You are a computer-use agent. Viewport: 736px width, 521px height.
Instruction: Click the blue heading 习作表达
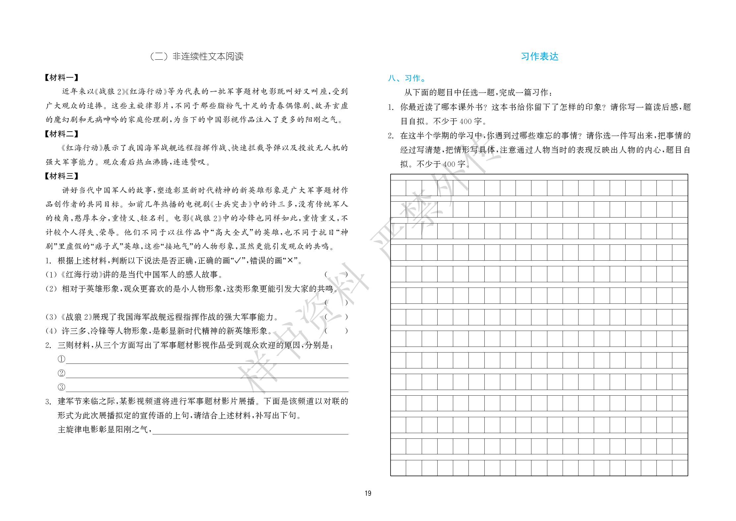point(539,57)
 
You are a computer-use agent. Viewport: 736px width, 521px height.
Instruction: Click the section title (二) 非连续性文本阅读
point(197,57)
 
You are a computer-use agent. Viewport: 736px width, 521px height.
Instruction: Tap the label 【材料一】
point(62,78)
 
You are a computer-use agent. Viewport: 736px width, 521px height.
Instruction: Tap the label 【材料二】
point(62,134)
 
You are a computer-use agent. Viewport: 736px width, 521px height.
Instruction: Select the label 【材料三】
point(62,176)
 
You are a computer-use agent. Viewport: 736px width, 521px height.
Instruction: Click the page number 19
point(368,493)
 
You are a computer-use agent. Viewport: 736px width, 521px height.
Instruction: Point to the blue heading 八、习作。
point(407,78)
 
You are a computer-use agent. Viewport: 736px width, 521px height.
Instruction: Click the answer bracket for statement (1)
point(336,275)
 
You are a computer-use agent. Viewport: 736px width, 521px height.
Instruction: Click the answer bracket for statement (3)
point(336,317)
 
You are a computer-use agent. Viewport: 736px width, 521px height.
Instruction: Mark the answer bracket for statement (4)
point(336,331)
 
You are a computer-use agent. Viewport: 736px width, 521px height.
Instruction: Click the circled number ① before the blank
point(62,359)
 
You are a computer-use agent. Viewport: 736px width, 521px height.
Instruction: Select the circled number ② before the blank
point(62,373)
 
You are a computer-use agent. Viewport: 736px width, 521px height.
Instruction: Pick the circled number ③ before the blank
point(62,387)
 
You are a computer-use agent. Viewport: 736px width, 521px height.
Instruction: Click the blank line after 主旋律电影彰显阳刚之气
point(250,430)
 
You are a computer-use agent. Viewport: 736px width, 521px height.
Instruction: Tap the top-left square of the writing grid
point(398,188)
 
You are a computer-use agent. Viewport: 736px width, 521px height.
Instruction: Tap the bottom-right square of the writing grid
point(680,468)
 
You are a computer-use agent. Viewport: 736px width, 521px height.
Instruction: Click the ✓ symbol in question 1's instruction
point(237,261)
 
